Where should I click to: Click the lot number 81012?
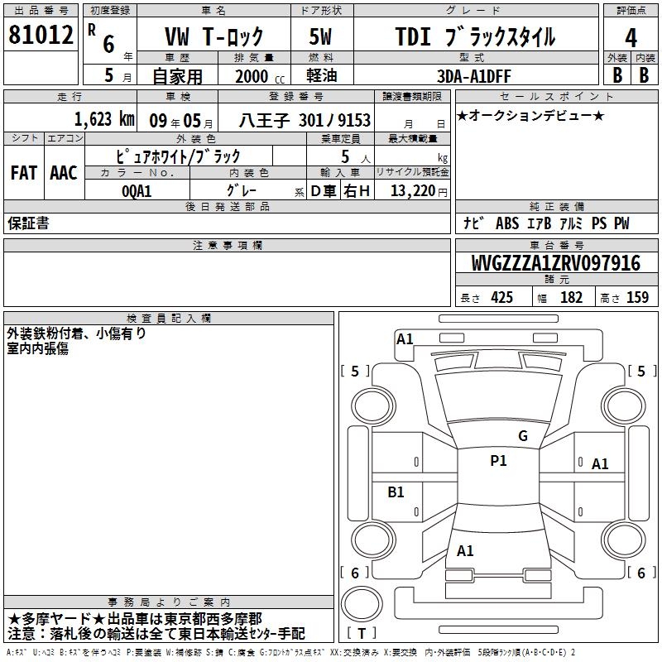tap(41, 35)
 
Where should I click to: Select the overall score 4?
tap(631, 38)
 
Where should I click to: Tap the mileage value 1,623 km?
tap(104, 119)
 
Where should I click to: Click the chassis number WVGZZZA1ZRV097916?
tap(555, 263)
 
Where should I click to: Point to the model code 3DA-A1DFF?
tap(473, 76)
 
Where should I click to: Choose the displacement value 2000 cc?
tap(260, 76)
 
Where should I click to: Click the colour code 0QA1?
tap(137, 191)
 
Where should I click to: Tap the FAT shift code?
tap(24, 173)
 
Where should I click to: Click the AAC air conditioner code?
tap(64, 173)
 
